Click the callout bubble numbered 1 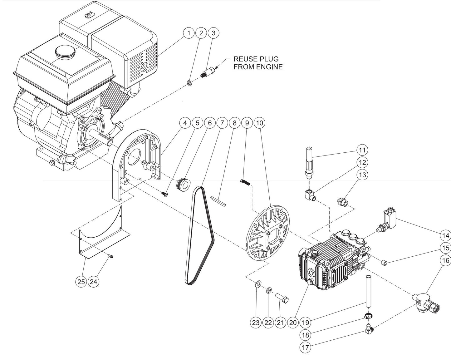[189, 33]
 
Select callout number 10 [259, 123]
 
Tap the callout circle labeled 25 [81, 282]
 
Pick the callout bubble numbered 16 [445, 260]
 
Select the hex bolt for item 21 [282, 298]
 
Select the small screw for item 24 [110, 257]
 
